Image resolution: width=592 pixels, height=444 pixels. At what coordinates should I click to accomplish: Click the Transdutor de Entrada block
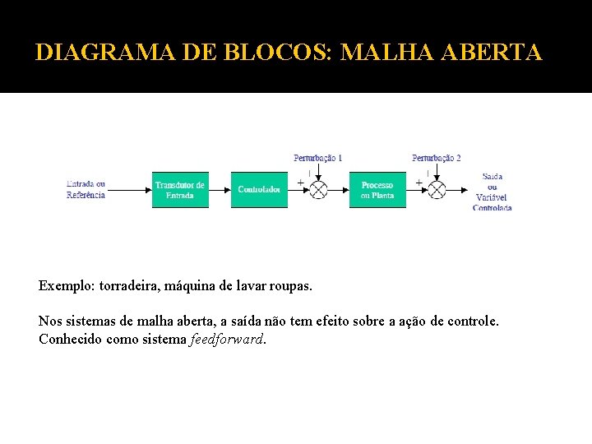(180, 190)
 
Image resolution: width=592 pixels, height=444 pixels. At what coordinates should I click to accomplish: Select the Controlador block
(259, 190)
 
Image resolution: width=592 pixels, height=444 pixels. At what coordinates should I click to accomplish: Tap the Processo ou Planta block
(377, 190)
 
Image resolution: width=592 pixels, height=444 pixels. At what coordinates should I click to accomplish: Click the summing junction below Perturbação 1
(318, 190)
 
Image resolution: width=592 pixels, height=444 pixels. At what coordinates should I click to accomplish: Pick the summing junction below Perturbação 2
(437, 190)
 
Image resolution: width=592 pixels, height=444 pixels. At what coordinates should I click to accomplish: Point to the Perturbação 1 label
(318, 158)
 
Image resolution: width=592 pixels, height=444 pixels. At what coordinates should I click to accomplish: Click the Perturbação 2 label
(437, 158)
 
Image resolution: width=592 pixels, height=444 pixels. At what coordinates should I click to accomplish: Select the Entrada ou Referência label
(86, 189)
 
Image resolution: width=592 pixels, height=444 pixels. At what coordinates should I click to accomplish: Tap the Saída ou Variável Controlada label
(493, 192)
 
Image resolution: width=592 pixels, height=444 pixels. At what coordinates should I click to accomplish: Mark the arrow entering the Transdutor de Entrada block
(130, 190)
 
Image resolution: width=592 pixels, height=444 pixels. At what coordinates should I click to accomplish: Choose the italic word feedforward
(228, 338)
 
